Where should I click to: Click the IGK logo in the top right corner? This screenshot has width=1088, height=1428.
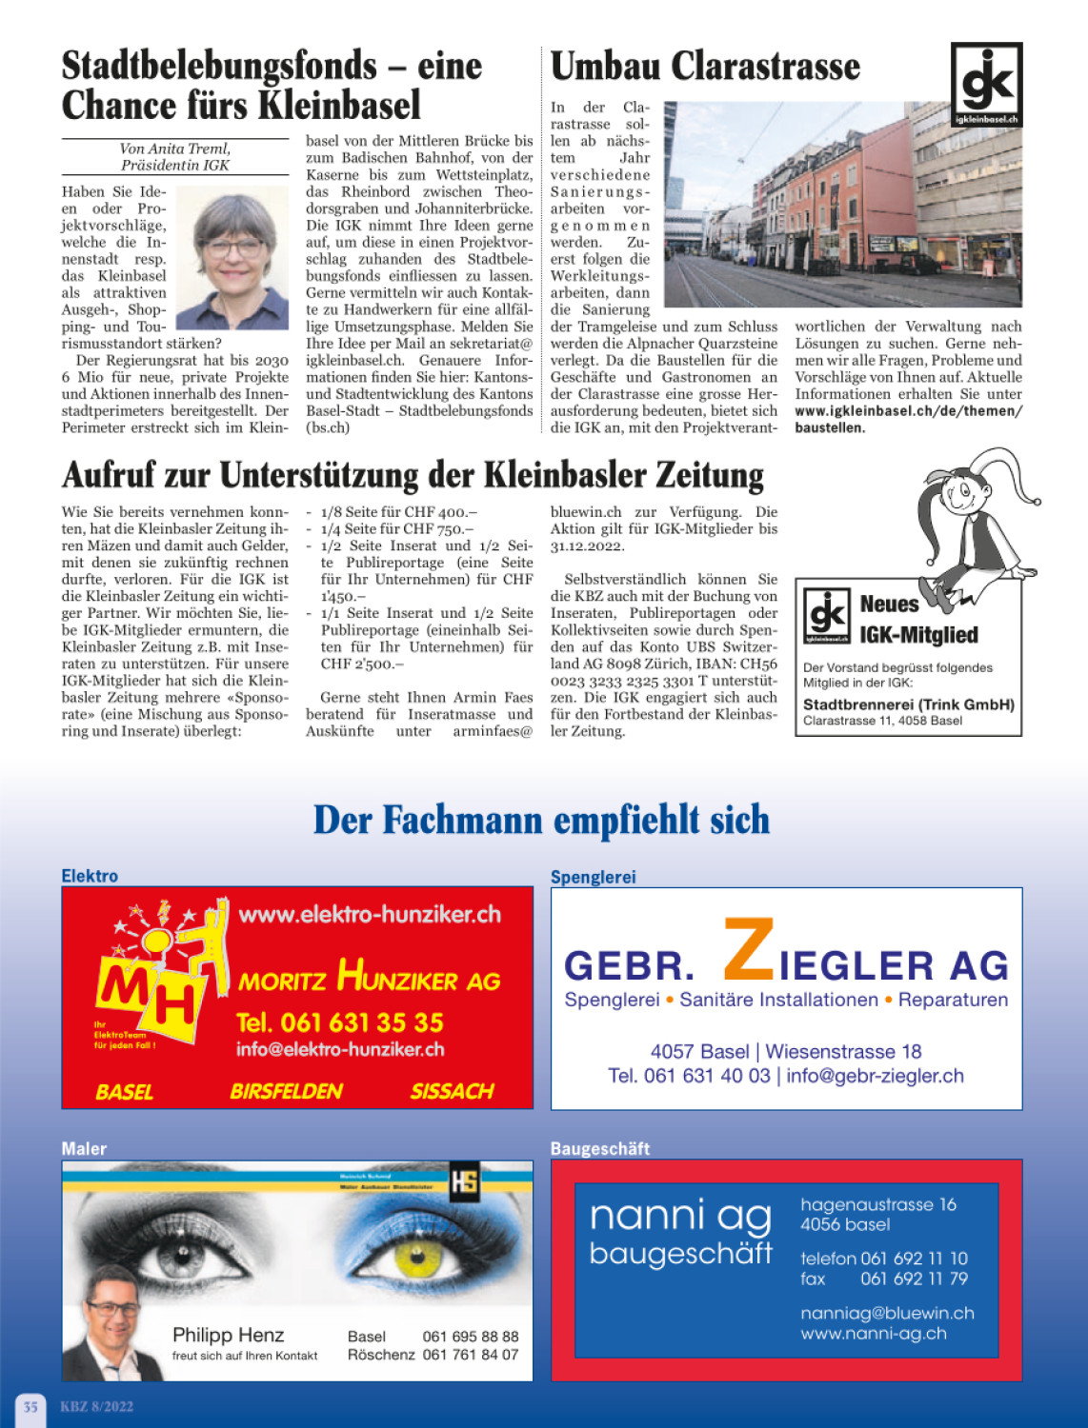point(986,85)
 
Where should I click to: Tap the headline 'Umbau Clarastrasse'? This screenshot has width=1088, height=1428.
point(705,67)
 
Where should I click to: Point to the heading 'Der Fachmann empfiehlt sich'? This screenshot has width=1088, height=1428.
point(541,821)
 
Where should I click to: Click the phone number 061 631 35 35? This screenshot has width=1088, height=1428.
point(339,1022)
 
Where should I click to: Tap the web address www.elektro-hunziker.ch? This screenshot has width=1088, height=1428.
point(370,915)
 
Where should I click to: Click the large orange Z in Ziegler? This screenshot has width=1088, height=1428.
point(749,950)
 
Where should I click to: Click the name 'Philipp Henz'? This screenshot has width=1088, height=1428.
point(228,1335)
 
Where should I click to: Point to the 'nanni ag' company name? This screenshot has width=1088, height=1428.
point(679,1216)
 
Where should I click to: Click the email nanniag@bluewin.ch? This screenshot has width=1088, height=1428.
point(887,1313)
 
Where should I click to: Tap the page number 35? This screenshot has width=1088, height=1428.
point(30,1406)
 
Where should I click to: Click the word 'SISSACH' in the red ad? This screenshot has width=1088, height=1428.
point(452,1091)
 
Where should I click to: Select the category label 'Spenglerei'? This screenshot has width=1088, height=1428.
point(593,877)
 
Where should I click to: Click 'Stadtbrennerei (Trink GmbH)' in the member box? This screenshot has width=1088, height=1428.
point(908,704)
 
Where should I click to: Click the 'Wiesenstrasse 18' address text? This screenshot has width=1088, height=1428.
point(843,1051)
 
